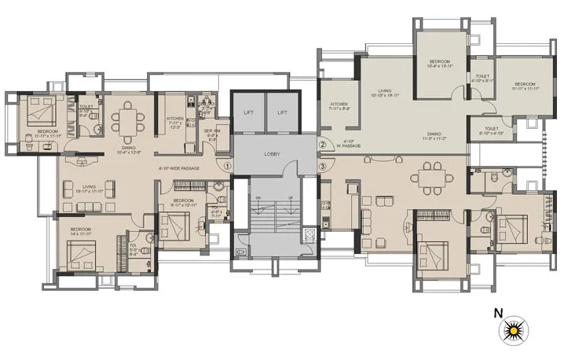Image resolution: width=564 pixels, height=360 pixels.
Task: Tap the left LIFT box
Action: point(248,113)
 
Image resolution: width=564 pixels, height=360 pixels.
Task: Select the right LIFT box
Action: point(282,113)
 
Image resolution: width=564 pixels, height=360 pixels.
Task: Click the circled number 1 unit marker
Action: point(227,166)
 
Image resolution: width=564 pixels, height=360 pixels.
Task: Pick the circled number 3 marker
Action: point(321,166)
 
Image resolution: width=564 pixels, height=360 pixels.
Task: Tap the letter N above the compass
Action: point(497,312)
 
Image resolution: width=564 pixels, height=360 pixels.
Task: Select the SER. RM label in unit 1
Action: point(211,130)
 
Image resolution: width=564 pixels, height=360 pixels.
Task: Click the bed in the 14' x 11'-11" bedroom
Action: point(82,255)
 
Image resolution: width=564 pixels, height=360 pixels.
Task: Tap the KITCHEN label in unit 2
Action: point(339,104)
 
